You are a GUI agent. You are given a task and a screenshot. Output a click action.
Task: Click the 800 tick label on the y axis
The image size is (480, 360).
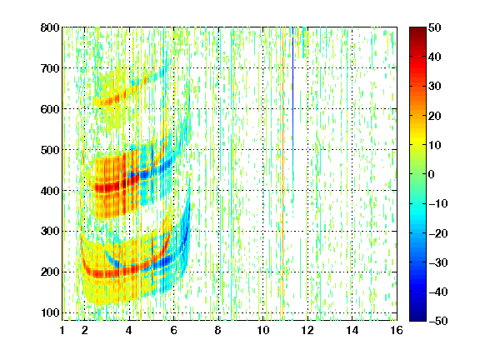click(x=50, y=27)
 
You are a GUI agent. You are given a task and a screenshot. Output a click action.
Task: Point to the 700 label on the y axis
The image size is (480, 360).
click(x=50, y=68)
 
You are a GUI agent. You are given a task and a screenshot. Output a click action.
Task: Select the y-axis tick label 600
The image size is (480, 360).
click(x=50, y=109)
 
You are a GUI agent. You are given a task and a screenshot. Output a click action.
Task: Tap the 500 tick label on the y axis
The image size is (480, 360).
click(x=50, y=150)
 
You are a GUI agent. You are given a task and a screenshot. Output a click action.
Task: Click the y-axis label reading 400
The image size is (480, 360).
click(x=50, y=191)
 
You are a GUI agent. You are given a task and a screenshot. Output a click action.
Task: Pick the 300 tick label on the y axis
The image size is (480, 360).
click(x=50, y=232)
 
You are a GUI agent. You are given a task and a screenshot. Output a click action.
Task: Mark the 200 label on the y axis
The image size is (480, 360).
click(x=50, y=272)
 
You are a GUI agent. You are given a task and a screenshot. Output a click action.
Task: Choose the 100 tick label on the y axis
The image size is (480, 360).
click(x=50, y=312)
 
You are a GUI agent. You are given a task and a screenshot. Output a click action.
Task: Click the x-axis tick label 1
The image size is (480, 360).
click(x=62, y=330)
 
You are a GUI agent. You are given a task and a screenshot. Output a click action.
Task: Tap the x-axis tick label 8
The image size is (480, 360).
click(x=218, y=330)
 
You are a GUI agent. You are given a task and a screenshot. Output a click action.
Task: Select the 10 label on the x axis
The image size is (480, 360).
click(x=263, y=330)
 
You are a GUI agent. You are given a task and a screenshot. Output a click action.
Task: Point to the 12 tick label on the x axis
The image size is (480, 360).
click(x=307, y=330)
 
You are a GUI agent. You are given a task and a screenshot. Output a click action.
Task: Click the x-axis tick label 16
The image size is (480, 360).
click(x=397, y=330)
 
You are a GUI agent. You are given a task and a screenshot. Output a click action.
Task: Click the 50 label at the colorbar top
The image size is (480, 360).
click(x=434, y=27)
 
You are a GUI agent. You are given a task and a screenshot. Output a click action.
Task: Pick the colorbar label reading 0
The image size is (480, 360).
click(x=432, y=174)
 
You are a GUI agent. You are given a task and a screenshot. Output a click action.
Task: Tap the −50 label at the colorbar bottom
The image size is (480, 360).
click(x=437, y=321)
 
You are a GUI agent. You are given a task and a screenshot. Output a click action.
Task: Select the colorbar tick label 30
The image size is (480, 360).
click(x=434, y=87)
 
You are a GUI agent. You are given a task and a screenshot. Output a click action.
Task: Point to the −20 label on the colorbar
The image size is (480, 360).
click(x=437, y=233)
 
